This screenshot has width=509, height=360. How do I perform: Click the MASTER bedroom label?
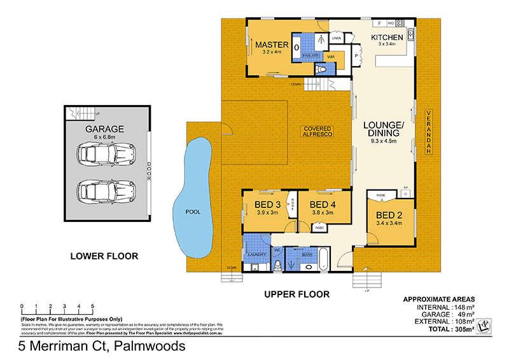point(272,45)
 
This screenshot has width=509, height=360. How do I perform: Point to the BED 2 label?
point(389,214)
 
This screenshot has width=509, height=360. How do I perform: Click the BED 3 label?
point(268,204)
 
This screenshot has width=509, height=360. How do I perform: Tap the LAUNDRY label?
point(256,255)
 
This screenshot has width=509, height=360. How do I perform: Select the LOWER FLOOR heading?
point(104,257)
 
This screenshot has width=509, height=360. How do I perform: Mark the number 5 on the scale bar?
point(93,306)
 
